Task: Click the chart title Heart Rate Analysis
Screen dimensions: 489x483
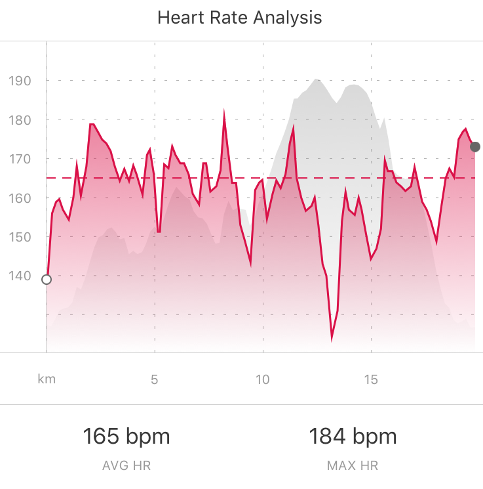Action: (x=240, y=18)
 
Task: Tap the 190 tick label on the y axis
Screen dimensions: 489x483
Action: (x=20, y=81)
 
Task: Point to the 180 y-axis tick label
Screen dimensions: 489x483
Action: (x=20, y=120)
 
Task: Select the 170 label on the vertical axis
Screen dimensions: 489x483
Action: (x=20, y=159)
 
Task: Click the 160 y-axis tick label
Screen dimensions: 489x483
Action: (x=20, y=198)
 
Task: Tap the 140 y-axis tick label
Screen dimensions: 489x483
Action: (x=20, y=276)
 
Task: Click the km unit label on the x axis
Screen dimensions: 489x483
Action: (x=47, y=380)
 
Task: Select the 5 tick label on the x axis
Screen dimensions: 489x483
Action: (x=155, y=380)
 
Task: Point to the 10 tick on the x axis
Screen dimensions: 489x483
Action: (x=263, y=380)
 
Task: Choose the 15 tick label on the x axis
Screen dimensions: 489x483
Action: (x=372, y=380)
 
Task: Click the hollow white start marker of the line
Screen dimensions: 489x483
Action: (x=47, y=280)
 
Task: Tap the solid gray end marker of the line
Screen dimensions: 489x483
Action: (x=476, y=146)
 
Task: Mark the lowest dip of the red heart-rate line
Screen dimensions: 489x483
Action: (x=332, y=339)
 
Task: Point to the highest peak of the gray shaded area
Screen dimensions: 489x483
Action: (x=317, y=79)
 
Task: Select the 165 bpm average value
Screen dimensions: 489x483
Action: (x=126, y=436)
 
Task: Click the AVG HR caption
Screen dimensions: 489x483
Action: (x=126, y=466)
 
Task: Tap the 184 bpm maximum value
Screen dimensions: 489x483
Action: (x=353, y=436)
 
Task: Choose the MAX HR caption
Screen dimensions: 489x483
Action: (x=353, y=466)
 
